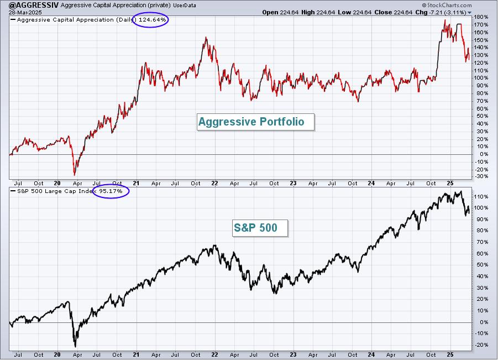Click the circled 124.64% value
point(152,20)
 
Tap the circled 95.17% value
point(111,191)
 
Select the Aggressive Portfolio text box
point(255,122)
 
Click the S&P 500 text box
point(260,228)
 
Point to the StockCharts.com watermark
point(447,5)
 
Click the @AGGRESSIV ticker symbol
point(33,5)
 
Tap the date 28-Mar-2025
point(22,12)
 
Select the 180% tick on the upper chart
point(481,17)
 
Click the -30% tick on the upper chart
point(481,176)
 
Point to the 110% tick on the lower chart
point(481,197)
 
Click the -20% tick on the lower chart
point(481,345)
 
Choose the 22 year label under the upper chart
point(214,184)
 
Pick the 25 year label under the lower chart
point(450,354)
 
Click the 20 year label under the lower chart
point(57,354)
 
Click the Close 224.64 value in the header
point(393,12)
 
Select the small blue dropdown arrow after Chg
point(469,13)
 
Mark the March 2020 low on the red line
point(75,174)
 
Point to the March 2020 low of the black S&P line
point(75,346)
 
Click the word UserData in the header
point(185,6)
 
